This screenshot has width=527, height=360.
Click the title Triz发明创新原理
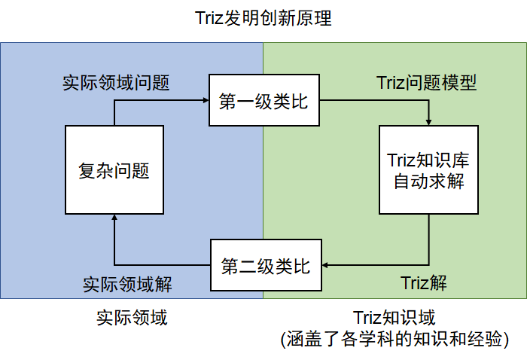tap(263, 19)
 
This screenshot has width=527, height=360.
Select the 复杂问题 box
tap(114, 170)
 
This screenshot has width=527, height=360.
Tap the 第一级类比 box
tap(263, 102)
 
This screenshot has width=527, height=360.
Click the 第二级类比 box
tap(265, 265)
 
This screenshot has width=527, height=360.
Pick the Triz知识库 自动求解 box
tap(428, 170)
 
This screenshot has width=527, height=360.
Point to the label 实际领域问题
tap(115, 82)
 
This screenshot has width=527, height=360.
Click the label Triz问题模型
tap(426, 82)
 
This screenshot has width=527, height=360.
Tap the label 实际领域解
tap(127, 284)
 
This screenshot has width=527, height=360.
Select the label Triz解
tap(424, 283)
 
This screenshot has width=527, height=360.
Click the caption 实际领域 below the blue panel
tap(132, 318)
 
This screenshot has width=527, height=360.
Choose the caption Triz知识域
tap(394, 318)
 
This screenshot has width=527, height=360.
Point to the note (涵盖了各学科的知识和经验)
tap(394, 340)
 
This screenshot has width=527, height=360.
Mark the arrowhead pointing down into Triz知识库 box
tap(429, 121)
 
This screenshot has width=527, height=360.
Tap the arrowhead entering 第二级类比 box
tap(325, 265)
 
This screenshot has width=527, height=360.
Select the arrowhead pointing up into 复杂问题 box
tap(114, 218)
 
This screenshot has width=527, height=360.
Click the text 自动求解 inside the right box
tap(428, 182)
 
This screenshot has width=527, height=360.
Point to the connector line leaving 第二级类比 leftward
tap(162, 265)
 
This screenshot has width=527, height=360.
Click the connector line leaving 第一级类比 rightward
tap(376, 102)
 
